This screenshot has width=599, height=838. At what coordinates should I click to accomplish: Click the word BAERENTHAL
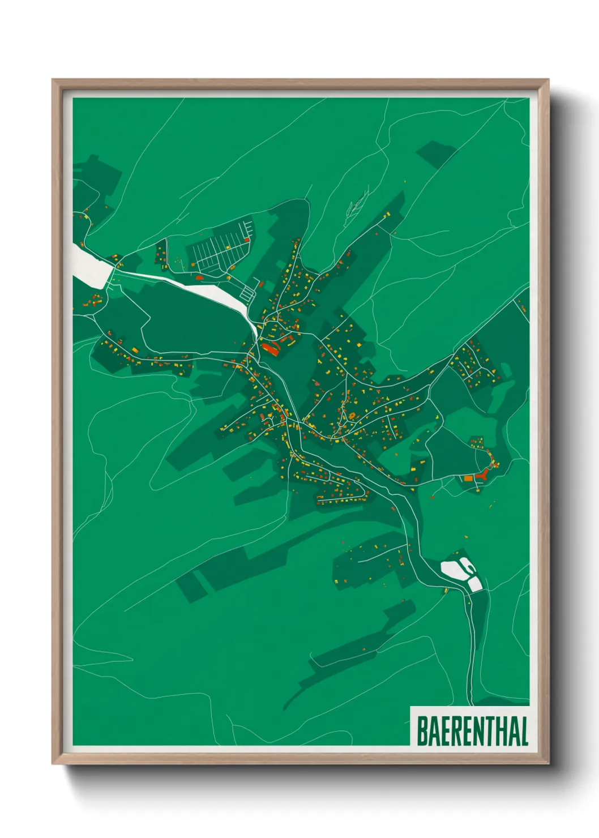(472, 731)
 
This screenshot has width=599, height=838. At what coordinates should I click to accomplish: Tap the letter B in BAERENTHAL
(422, 731)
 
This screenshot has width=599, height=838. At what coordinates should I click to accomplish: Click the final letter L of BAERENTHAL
(524, 731)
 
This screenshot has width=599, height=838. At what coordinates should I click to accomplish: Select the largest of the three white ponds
(453, 568)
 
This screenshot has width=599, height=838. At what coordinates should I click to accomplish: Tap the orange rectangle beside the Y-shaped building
(468, 478)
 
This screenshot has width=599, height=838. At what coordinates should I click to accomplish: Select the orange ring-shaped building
(352, 416)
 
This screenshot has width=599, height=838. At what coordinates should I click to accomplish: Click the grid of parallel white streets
(218, 251)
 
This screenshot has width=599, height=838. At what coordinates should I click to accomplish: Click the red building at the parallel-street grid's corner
(199, 277)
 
